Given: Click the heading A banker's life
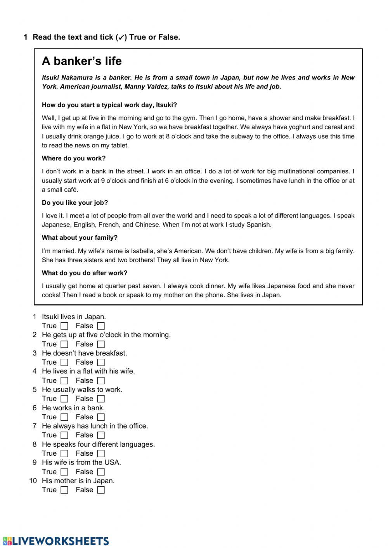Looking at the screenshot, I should (81, 61).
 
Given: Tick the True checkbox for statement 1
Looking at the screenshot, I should (64, 326).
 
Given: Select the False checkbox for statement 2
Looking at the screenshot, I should (101, 344).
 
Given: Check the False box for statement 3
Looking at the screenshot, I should (101, 363).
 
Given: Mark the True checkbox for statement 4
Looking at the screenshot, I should (64, 381).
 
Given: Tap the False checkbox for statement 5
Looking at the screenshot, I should (101, 399).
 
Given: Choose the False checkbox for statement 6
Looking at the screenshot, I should (101, 417).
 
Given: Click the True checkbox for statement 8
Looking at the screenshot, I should (64, 453).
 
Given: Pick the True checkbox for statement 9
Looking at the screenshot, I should (64, 472).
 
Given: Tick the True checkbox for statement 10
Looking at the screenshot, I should (64, 490).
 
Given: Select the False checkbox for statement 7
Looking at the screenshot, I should (101, 435).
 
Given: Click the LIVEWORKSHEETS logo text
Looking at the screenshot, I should (56, 541).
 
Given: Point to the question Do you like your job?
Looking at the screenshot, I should (75, 202).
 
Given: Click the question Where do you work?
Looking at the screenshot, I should (74, 158).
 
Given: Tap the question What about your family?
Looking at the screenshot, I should (80, 237).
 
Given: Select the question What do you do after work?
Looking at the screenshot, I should (85, 273).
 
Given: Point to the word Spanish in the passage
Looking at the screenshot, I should (259, 225).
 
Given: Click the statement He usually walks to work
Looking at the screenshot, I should (82, 389).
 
